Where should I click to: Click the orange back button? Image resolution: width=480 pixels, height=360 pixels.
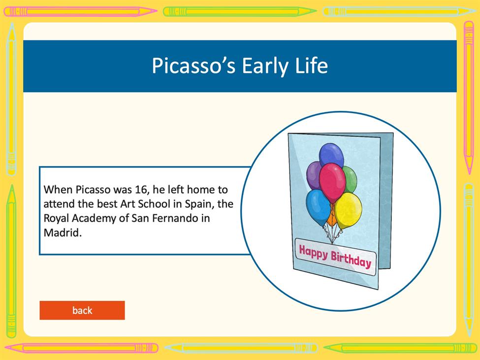click(x=82, y=310)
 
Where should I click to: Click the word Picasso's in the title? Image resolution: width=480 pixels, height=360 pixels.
click(x=193, y=65)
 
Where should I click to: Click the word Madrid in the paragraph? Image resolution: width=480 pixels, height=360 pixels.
click(x=63, y=232)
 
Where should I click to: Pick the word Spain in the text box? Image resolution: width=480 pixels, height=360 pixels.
click(x=199, y=204)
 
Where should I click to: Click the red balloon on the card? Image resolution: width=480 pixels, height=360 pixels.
click(x=332, y=182)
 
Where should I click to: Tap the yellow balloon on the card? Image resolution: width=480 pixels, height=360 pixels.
click(x=349, y=210)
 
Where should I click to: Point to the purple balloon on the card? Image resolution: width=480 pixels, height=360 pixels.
click(x=313, y=175)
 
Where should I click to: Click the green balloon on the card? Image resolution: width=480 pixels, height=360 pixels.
click(x=351, y=179)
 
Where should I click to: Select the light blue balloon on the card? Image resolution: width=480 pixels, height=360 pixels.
click(x=318, y=207)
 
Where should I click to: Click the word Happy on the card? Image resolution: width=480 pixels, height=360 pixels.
click(x=313, y=253)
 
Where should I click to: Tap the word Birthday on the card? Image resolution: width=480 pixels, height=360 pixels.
click(x=351, y=260)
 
